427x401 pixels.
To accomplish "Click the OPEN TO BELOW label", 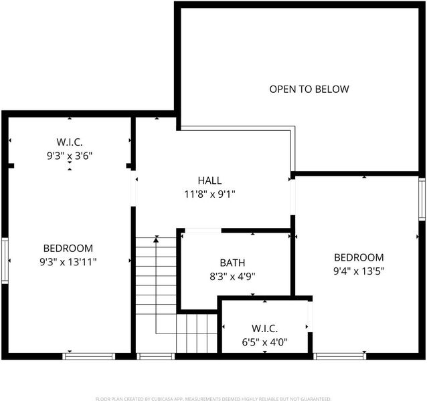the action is (x=309, y=89).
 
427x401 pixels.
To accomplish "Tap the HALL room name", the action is (x=209, y=180).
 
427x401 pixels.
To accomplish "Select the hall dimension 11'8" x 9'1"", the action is (x=209, y=194).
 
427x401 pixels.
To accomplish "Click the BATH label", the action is (x=232, y=263).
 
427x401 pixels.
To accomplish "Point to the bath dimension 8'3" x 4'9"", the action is (x=232, y=277).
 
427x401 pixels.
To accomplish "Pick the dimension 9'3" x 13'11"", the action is (x=68, y=262).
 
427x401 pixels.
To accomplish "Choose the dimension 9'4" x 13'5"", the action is (x=359, y=271).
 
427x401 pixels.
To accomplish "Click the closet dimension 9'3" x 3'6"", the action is (x=70, y=156).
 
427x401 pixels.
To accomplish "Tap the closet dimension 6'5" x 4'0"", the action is (x=264, y=342).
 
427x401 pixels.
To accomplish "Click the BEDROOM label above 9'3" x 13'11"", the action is (x=68, y=248).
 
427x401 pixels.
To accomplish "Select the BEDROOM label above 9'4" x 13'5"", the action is (x=359, y=257).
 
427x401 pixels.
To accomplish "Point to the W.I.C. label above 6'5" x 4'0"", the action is (x=264, y=328).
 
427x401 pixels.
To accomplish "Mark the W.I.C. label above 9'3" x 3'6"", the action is (x=70, y=142).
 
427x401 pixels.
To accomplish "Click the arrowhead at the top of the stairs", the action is (x=156, y=240).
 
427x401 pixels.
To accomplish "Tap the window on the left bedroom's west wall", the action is (x=5, y=261).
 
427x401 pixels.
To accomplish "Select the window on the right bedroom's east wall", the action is (x=422, y=199).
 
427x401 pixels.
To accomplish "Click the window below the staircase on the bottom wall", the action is (x=155, y=356).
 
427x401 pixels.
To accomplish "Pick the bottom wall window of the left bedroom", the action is (x=89, y=356).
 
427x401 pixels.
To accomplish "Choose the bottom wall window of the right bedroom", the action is (x=339, y=356).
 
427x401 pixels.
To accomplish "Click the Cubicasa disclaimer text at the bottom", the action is (x=213, y=399).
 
